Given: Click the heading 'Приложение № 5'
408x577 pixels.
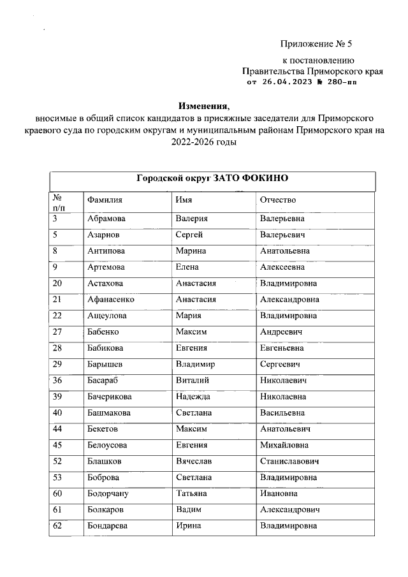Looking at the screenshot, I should tap(316, 44).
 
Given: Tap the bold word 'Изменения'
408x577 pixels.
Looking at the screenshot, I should tap(202, 105).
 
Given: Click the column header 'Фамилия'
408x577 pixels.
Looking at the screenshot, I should tap(105, 200).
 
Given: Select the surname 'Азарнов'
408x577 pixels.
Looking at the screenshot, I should tap(103, 235).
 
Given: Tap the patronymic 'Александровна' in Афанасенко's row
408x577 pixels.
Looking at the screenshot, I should tap(289, 299).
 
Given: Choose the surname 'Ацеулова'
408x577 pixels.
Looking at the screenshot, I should tap(106, 316).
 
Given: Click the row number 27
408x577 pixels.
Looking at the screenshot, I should tap(57, 332).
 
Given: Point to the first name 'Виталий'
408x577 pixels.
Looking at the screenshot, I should tap(191, 381).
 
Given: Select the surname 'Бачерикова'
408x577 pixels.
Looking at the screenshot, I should tap(110, 397).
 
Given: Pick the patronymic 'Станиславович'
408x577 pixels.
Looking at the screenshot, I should tap(289, 461).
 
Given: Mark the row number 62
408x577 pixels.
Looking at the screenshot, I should tap(57, 525).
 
